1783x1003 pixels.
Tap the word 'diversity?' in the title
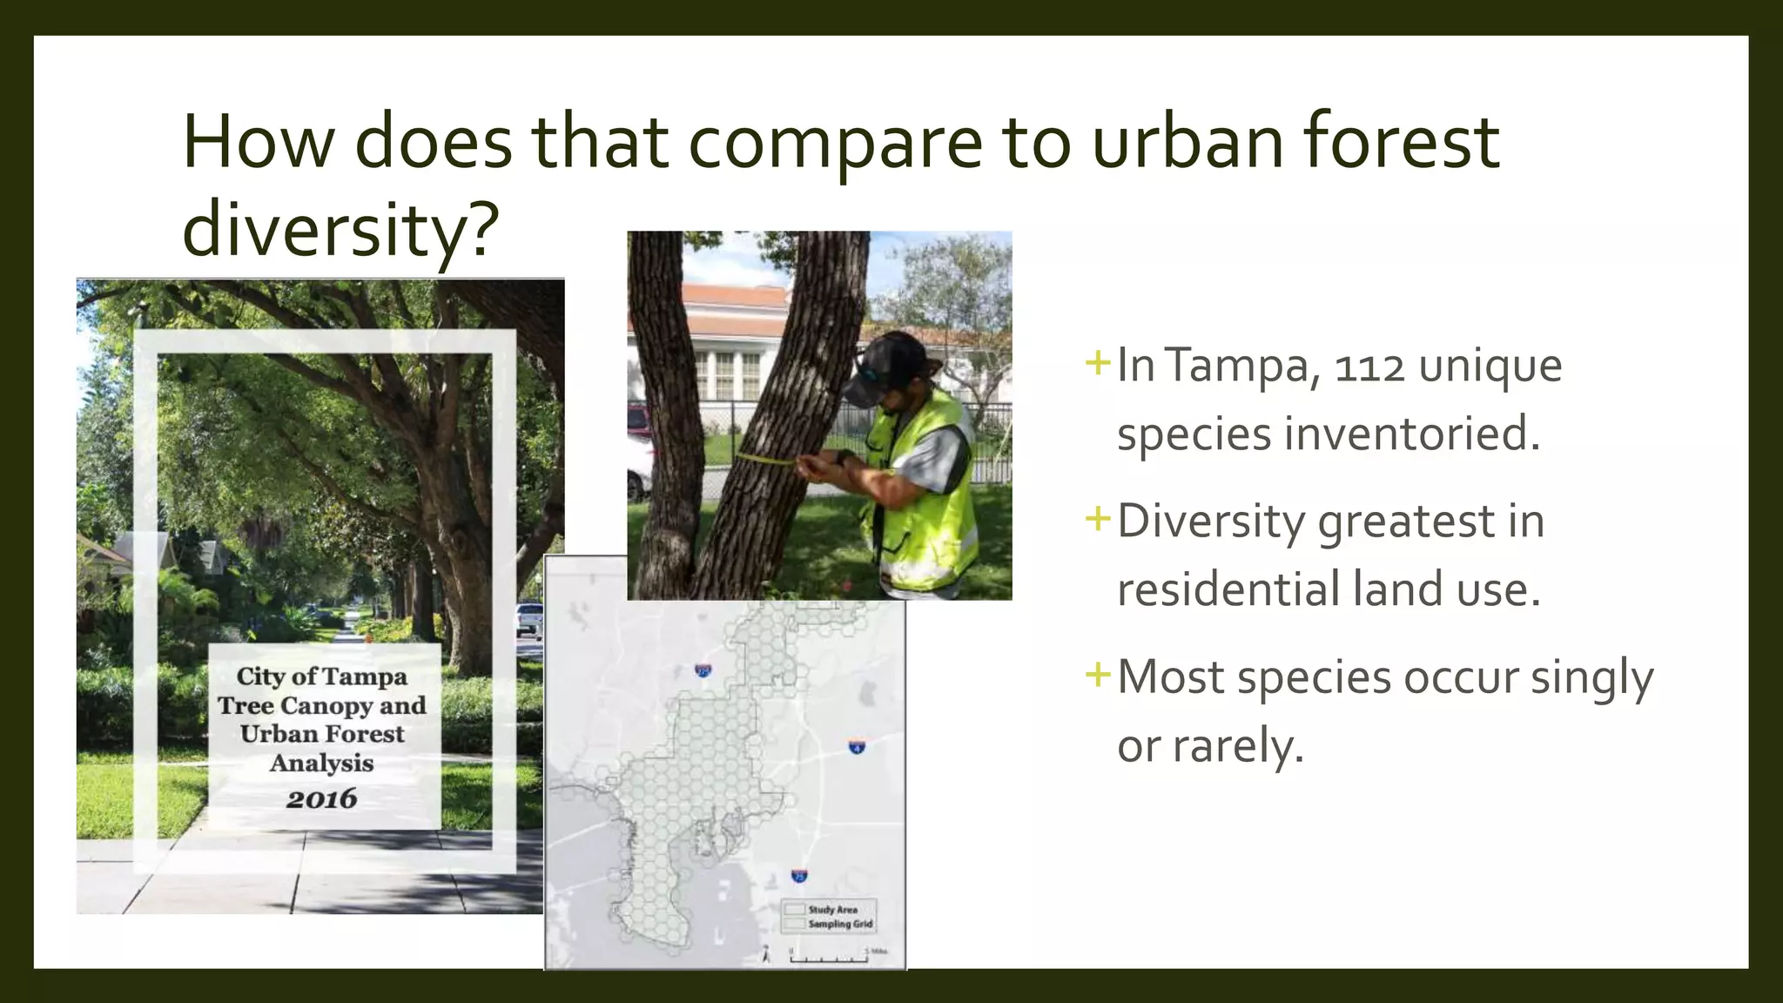pyautogui.click(x=340, y=229)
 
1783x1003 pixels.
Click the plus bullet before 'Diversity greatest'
pyautogui.click(x=1098, y=520)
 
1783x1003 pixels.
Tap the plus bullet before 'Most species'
pyautogui.click(x=1098, y=675)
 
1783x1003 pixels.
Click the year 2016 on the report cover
pyautogui.click(x=322, y=798)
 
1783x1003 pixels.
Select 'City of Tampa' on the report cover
pyautogui.click(x=322, y=677)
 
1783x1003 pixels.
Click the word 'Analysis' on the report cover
pyautogui.click(x=322, y=764)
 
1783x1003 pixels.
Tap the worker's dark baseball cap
pyautogui.click(x=891, y=366)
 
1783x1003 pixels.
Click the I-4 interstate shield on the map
pyautogui.click(x=857, y=746)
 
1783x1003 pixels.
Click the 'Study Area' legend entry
pyautogui.click(x=831, y=909)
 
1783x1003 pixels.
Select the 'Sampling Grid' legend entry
pyautogui.click(x=839, y=924)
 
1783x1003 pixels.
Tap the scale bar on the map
pyautogui.click(x=828, y=959)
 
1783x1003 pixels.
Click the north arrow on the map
pyautogui.click(x=766, y=955)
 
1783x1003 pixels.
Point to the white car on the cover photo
pyautogui.click(x=529, y=618)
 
